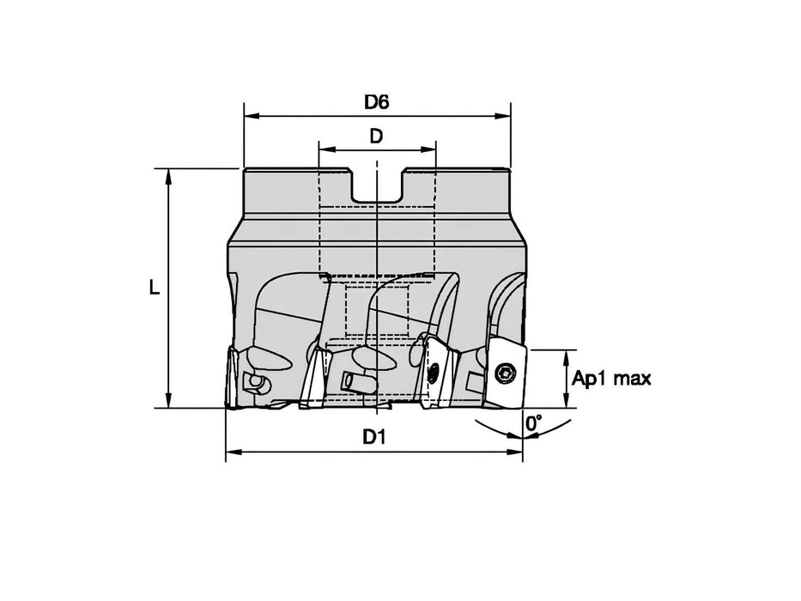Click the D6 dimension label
(376, 102)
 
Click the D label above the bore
(376, 136)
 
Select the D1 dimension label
(372, 437)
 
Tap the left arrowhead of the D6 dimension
(250, 115)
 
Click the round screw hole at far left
(255, 380)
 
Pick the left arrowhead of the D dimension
(324, 149)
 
